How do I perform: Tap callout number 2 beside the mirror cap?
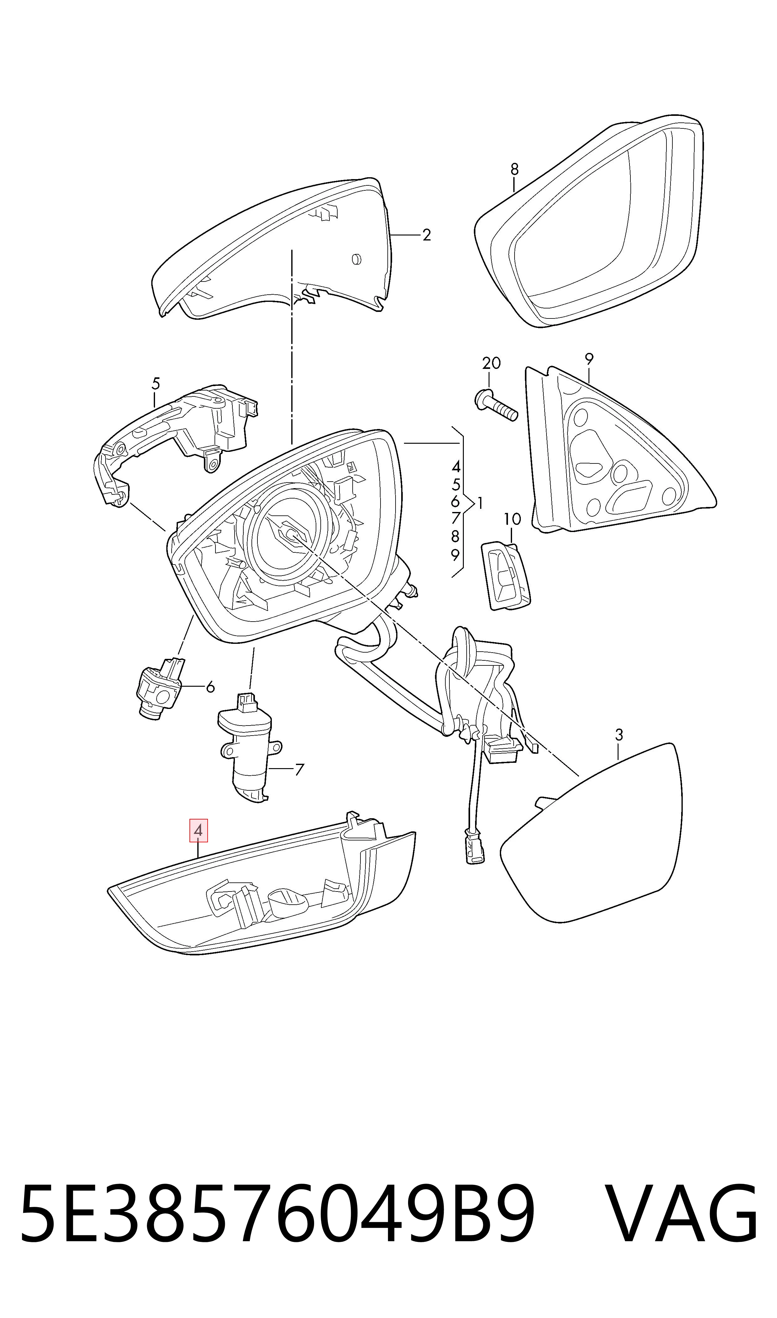pos(427,235)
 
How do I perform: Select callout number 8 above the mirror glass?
pos(514,169)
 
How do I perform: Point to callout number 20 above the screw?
pos(491,363)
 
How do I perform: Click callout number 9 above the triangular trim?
pos(589,359)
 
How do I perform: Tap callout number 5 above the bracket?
pos(156,384)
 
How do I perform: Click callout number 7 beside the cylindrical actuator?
pos(299,769)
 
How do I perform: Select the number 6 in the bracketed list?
pos(455,501)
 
